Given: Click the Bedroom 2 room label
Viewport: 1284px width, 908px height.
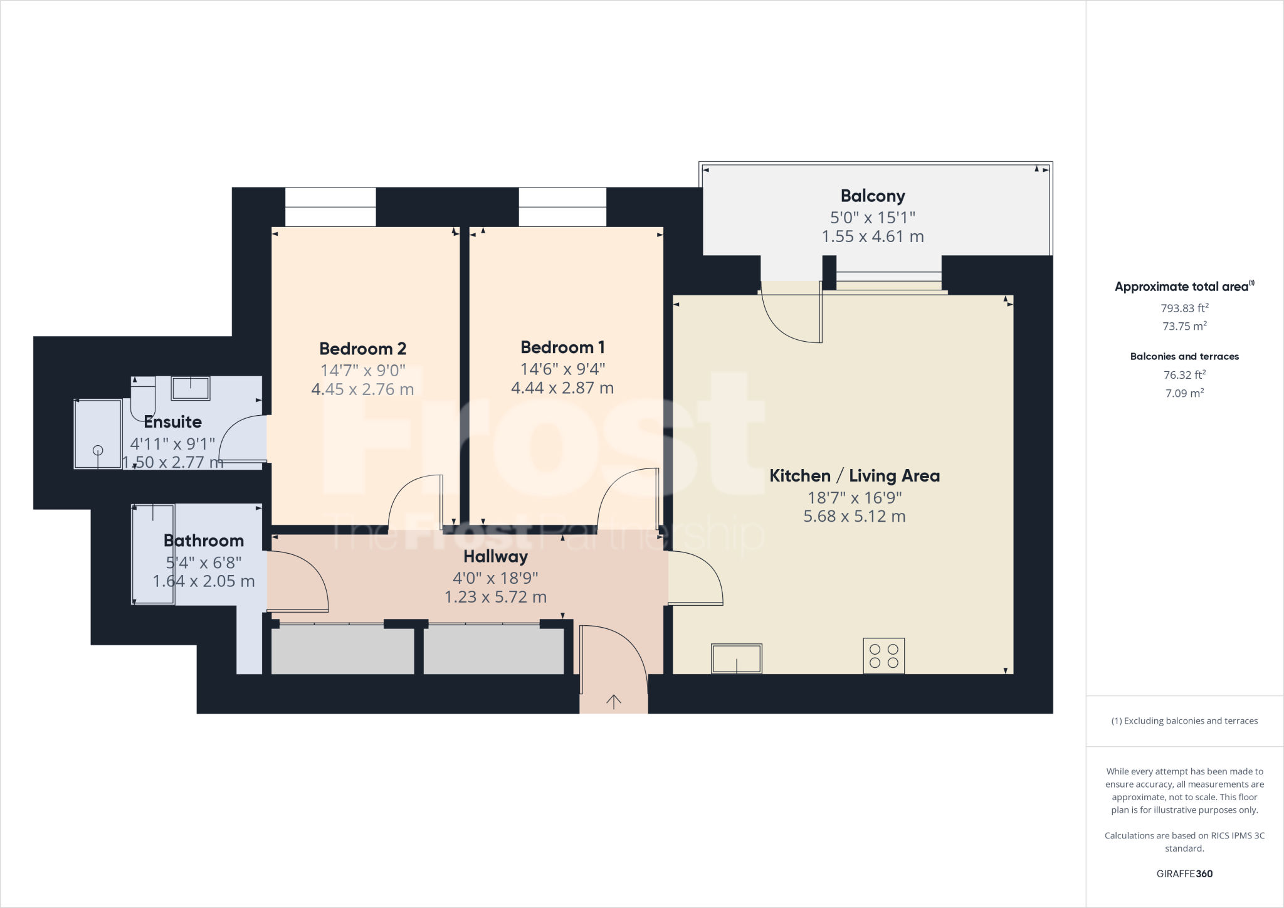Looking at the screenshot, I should [x=362, y=349].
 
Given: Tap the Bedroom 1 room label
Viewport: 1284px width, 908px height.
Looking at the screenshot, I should [x=562, y=347].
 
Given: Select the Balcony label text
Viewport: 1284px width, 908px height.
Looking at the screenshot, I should [x=872, y=196].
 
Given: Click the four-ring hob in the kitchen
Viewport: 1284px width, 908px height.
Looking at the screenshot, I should [x=883, y=656].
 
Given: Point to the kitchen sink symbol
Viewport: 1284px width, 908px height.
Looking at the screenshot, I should [x=736, y=659].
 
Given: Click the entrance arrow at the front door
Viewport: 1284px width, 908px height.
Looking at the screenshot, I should [x=613, y=702].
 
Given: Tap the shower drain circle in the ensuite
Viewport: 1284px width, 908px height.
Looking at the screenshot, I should [x=98, y=450].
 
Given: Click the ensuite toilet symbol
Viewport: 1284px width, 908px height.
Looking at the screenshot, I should [x=143, y=399].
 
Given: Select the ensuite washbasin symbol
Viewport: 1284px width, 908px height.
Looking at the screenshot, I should [x=190, y=388].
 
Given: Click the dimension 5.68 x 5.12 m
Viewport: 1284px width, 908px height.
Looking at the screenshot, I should [x=854, y=517].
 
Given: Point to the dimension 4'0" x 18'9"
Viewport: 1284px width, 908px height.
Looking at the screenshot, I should [x=495, y=578].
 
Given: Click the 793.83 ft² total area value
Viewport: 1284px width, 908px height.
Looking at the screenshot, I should [x=1184, y=308].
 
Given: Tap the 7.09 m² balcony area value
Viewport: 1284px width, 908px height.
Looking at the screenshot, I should [x=1184, y=393].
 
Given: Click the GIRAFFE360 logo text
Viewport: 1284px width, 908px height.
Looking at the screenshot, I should [x=1184, y=874].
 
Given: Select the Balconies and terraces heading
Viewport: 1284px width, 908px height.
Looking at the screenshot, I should [x=1184, y=356].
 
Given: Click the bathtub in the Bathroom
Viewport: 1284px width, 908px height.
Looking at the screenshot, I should [x=153, y=554].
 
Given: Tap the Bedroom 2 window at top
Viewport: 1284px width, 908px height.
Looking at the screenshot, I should [x=330, y=206].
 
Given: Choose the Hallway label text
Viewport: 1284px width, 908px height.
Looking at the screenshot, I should [x=495, y=556].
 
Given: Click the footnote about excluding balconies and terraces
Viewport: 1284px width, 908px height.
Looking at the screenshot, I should [x=1184, y=721].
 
